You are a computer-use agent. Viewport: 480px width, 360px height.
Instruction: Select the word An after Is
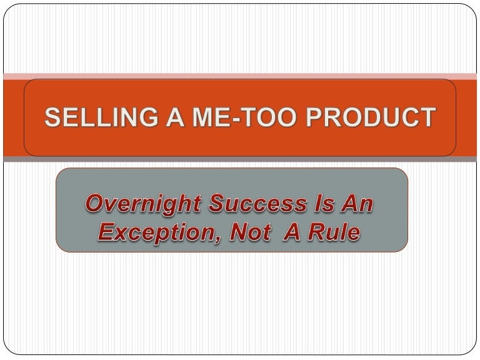356,204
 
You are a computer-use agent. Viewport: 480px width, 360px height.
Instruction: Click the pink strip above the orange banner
240,76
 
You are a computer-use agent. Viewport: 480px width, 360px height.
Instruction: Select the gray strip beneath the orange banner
240,159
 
